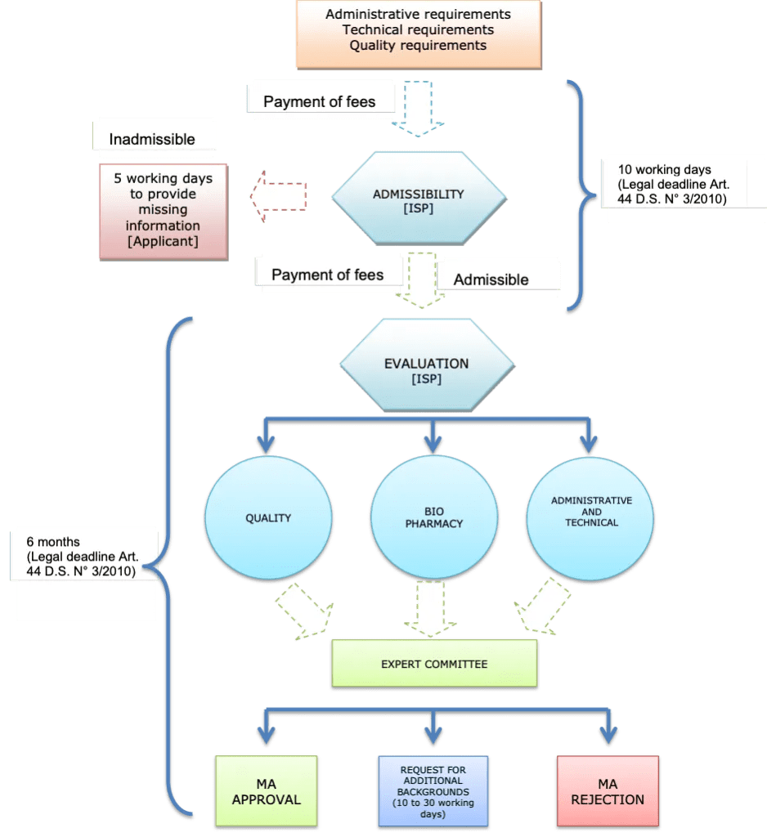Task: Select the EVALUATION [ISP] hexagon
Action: (x=426, y=369)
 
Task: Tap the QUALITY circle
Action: (x=268, y=518)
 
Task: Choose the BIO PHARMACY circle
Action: (x=433, y=518)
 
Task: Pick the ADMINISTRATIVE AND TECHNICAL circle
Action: (x=591, y=512)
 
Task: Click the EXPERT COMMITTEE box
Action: (x=434, y=664)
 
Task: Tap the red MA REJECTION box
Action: (x=608, y=791)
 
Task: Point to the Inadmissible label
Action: (x=153, y=140)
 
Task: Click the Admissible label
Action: (x=491, y=280)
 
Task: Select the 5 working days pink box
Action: (x=163, y=211)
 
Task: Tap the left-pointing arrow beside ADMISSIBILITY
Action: (x=278, y=196)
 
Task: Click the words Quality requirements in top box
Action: (x=418, y=46)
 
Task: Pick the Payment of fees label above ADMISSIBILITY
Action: (x=320, y=102)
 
